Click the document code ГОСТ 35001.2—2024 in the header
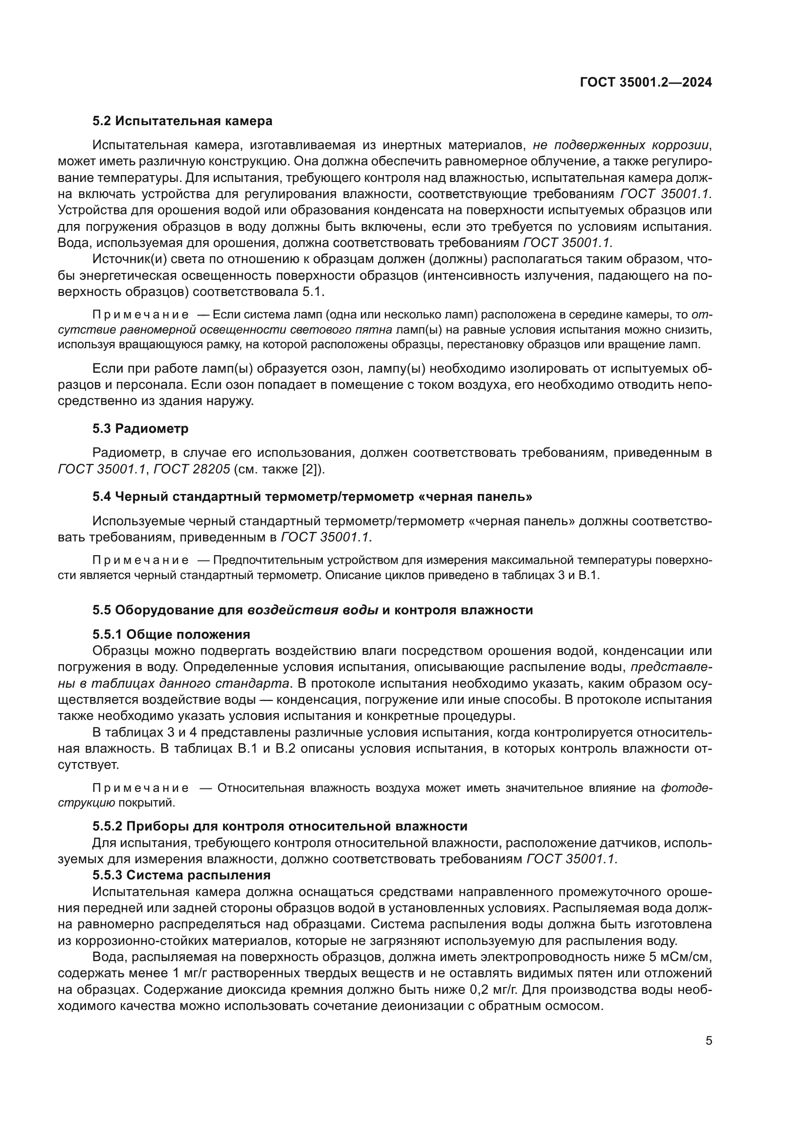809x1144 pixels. (x=646, y=83)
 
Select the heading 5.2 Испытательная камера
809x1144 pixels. (x=182, y=121)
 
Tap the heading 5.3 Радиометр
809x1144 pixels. (x=140, y=428)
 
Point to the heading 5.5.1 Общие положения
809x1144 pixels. (x=171, y=634)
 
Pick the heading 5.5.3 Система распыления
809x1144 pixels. (x=181, y=875)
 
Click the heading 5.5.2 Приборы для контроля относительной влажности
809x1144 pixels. (x=279, y=826)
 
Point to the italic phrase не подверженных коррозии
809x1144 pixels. (x=621, y=145)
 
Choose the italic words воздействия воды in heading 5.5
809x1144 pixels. (x=313, y=610)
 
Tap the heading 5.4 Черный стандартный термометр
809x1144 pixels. (x=312, y=497)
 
